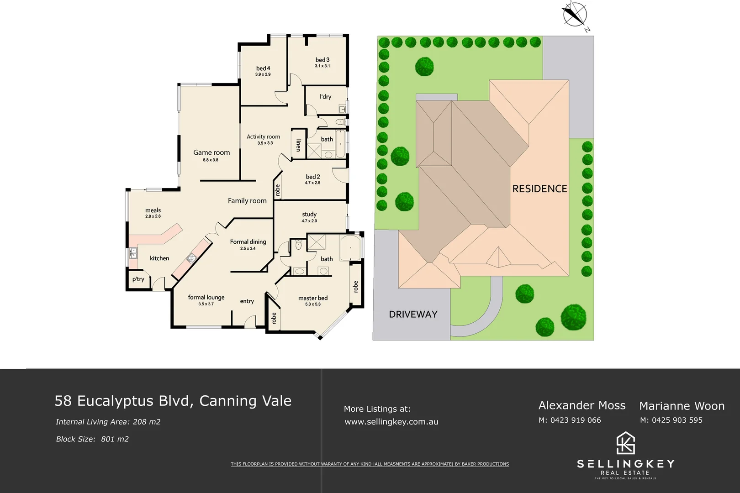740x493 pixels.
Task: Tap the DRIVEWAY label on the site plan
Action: [x=413, y=314]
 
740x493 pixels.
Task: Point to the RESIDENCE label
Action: [x=539, y=189]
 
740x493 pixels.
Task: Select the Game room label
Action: [x=211, y=152]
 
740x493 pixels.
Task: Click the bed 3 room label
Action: [x=322, y=60]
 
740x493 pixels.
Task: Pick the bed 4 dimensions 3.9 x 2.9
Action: [x=263, y=74]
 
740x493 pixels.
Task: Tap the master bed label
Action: [x=313, y=298]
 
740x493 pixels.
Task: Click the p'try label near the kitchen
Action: [x=138, y=279]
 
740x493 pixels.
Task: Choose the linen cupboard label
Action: [x=298, y=145]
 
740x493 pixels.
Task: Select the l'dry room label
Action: [x=325, y=97]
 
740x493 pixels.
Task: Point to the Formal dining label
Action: [x=248, y=242]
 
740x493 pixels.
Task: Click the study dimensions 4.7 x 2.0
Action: [x=309, y=221]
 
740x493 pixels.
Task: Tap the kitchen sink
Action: [x=133, y=252]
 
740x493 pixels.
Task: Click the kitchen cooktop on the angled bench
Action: [x=191, y=258]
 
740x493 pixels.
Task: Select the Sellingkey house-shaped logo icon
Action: [x=625, y=443]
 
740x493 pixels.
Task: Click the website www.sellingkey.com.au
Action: [x=391, y=422]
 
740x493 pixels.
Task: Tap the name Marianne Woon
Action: [x=682, y=406]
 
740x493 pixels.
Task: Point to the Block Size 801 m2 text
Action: [x=92, y=439]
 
